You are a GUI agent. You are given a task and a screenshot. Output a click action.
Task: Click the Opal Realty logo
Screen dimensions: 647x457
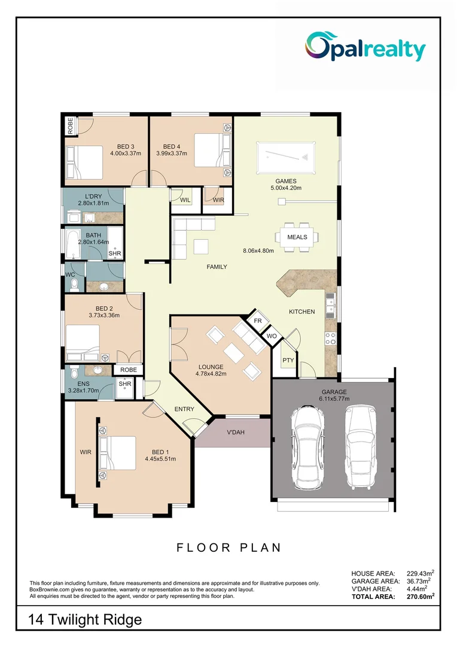[365, 47]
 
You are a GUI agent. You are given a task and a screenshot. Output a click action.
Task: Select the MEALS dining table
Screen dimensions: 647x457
[297, 237]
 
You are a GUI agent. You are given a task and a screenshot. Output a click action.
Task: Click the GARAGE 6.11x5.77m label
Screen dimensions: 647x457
[333, 396]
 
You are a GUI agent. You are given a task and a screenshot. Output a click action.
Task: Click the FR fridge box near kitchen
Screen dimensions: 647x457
[258, 321]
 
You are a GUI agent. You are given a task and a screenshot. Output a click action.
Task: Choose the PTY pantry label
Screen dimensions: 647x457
[288, 360]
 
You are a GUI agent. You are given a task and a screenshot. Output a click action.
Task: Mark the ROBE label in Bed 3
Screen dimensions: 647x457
[70, 126]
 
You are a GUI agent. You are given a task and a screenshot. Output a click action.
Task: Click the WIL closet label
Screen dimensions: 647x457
[185, 199]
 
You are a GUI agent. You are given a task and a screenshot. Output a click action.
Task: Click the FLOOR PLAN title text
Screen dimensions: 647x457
[228, 547]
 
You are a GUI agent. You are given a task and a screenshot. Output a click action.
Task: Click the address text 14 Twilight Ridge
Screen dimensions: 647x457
[86, 619]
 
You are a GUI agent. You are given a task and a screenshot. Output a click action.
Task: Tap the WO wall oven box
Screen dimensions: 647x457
[272, 337]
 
